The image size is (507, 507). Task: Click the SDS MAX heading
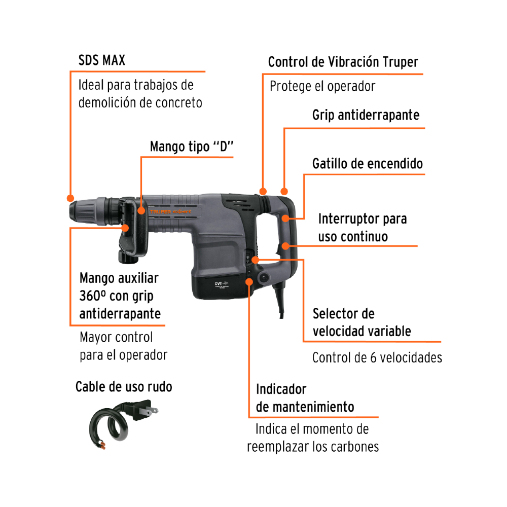pos(101,60)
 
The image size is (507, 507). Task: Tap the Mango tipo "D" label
pos(192,147)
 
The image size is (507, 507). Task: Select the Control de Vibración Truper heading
pos(343,62)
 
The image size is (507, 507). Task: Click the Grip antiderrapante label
pos(366,115)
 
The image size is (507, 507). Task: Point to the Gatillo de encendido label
pos(367,164)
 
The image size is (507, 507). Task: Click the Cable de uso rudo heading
pos(124,387)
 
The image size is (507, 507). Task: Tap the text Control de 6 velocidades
pos(377,357)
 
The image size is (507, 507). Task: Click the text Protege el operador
pos(322,86)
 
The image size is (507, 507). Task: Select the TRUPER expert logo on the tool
pos(170,211)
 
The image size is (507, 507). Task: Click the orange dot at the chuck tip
pos(70,198)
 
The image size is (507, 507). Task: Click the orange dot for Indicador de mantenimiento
pos(249,282)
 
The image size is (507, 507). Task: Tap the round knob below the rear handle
pos(263,277)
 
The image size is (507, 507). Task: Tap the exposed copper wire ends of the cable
pos(102,445)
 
